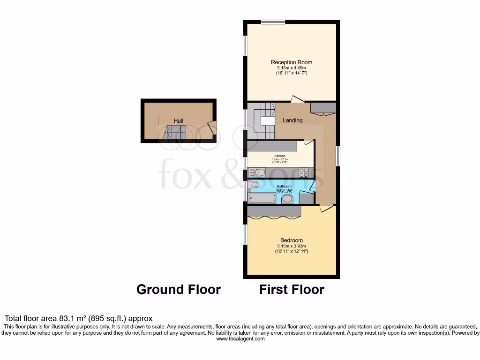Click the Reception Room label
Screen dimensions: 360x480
click(x=291, y=62)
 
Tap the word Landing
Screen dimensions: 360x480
click(x=292, y=120)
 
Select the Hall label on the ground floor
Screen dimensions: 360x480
click(x=178, y=121)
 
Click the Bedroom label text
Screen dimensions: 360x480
click(x=291, y=240)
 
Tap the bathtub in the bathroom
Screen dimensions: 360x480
click(x=262, y=198)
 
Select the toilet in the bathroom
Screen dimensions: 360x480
click(x=254, y=185)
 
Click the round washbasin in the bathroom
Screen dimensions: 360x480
click(x=287, y=199)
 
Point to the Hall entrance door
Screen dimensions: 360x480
click(x=211, y=127)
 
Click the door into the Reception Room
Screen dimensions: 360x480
click(x=296, y=99)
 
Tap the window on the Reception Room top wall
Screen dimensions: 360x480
click(x=273, y=22)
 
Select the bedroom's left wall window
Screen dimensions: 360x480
click(x=245, y=234)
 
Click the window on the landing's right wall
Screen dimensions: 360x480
click(x=337, y=155)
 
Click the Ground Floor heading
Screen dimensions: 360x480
click(x=178, y=290)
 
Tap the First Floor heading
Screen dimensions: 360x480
click(x=292, y=290)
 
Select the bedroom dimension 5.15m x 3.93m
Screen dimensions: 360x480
click(x=291, y=246)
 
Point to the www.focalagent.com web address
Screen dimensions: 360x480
click(x=240, y=339)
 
